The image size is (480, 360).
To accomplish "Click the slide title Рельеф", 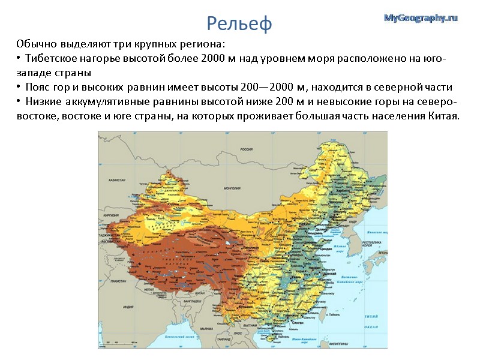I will pyautogui.click(x=239, y=23).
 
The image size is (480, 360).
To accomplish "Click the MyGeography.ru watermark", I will pyautogui.click(x=421, y=18).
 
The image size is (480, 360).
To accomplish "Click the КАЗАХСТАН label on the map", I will pyautogui.click(x=116, y=180).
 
